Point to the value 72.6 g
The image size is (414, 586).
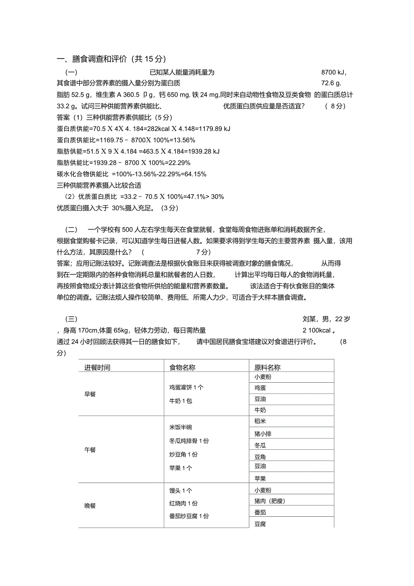click(x=331, y=83)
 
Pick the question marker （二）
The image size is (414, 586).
click(x=72, y=229)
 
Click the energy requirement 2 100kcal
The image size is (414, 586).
click(x=318, y=331)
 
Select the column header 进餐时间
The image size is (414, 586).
click(x=97, y=367)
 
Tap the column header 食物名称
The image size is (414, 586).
click(x=182, y=367)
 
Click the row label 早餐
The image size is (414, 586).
click(x=90, y=394)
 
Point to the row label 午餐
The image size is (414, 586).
click(x=90, y=450)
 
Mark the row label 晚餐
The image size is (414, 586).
click(x=90, y=505)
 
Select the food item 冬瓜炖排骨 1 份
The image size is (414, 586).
click(x=189, y=441)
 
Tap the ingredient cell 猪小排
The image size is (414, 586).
click(x=263, y=434)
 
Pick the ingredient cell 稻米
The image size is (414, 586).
click(x=260, y=421)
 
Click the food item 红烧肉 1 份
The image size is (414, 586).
click(x=183, y=503)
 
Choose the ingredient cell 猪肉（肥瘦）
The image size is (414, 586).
click(x=270, y=501)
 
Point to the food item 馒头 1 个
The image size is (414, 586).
click(x=180, y=491)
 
